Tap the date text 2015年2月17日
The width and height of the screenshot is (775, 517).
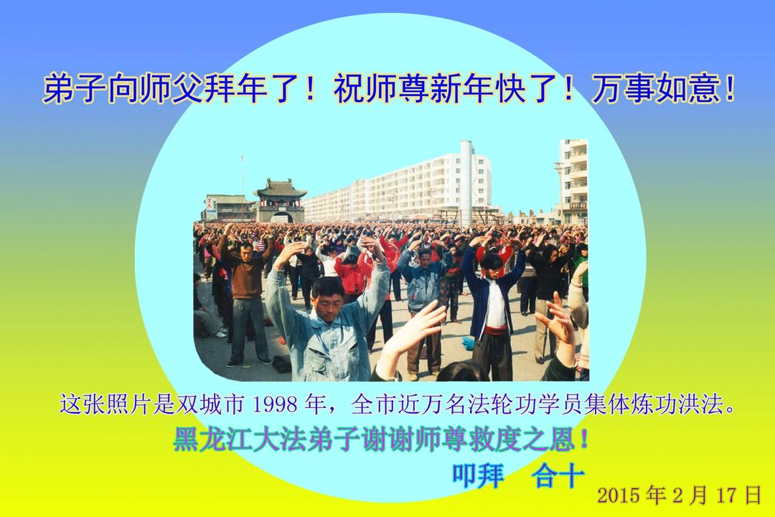[x=679, y=495]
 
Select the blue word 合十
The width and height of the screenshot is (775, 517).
[x=558, y=475]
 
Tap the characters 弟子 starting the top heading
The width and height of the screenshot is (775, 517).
[x=75, y=90]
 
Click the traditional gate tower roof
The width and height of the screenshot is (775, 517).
[x=281, y=189]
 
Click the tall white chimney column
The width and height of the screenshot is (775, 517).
[x=466, y=183]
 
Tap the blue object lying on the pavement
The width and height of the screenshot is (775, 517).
[x=468, y=341]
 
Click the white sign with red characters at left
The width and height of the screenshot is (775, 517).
[x=211, y=208]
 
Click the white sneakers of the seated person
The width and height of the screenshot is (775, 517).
[x=221, y=333]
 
